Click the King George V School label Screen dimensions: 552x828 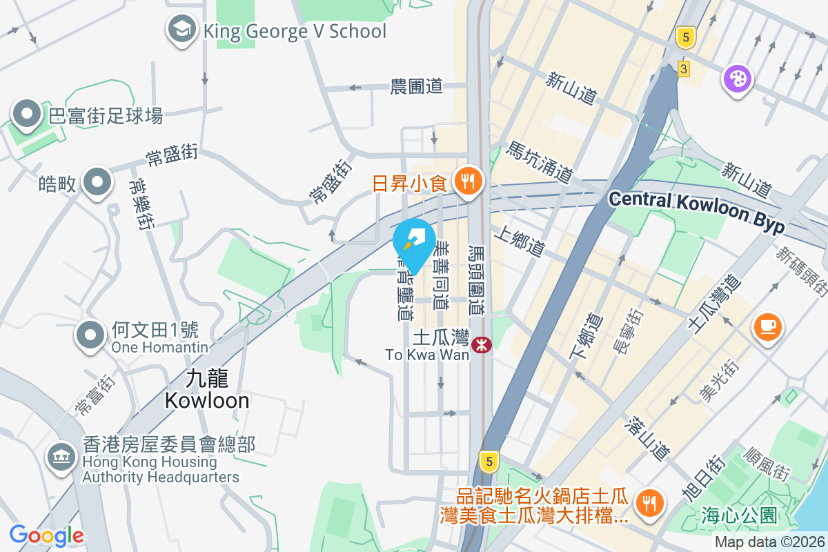pos(295,30)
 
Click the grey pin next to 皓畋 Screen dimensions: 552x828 pos(97,182)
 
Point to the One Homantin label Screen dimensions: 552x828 pos(160,347)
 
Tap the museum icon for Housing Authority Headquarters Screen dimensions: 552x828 pos(61,456)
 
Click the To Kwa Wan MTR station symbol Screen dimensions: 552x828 pos(482,343)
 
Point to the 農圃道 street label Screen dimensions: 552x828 pos(416,87)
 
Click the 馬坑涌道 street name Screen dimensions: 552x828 pos(539,162)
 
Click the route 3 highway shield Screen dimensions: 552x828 pos(684,69)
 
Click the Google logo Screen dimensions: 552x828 pos(47,535)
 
